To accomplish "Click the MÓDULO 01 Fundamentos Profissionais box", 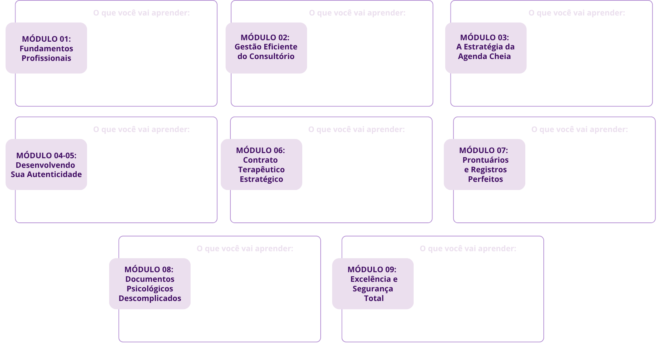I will click(46, 48).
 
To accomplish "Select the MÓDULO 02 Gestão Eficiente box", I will click(266, 47).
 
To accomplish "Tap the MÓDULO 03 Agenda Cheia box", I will click(485, 47).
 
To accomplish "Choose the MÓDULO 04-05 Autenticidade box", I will click(46, 165).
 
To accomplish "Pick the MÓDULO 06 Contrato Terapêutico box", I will click(261, 165).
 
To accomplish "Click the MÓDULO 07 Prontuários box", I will click(484, 165).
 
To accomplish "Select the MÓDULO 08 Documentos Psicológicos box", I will click(150, 284).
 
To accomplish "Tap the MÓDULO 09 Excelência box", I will click(373, 284).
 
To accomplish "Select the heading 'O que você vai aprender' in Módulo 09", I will click(468, 249).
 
